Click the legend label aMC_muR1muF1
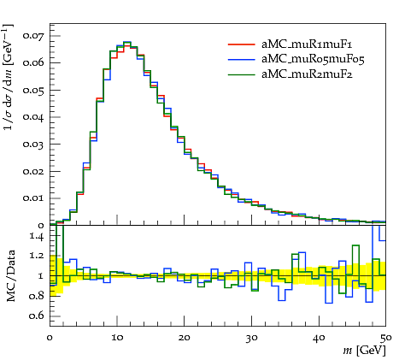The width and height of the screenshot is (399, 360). tap(307, 44)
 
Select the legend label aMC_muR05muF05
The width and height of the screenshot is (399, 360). tap(313, 59)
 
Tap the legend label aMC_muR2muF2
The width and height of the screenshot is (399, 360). tap(307, 74)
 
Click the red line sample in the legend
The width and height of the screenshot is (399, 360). tap(241, 44)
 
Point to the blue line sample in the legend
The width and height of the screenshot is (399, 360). tap(241, 59)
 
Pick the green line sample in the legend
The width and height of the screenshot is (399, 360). tap(241, 74)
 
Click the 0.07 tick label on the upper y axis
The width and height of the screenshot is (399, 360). tap(33, 36)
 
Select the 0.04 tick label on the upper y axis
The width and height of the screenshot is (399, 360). tap(33, 117)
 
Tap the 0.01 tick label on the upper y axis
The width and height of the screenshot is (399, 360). tap(33, 198)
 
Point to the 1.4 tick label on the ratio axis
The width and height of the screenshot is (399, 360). tap(37, 236)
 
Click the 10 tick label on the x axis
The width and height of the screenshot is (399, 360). tap(117, 338)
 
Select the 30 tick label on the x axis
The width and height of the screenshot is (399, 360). tap(251, 338)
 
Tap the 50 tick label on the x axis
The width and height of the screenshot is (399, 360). tap(385, 338)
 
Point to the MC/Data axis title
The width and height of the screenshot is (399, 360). tap(10, 276)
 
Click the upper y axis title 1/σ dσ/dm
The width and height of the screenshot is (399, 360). tap(9, 77)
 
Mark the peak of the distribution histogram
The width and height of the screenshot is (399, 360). tap(127, 42)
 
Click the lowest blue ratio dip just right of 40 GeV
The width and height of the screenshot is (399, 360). tap(329, 303)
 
